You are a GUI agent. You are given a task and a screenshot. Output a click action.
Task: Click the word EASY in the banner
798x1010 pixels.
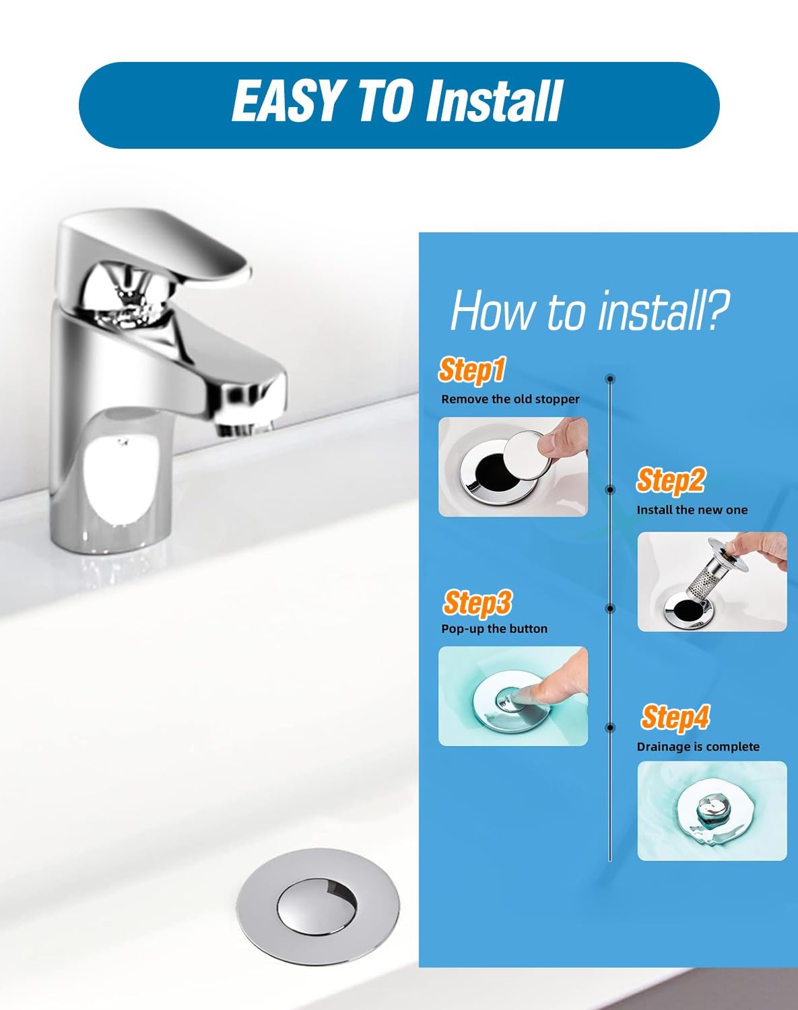[286, 100]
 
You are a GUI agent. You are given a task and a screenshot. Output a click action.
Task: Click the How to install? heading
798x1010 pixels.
[590, 310]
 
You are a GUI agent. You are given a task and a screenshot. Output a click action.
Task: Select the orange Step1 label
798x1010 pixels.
[471, 371]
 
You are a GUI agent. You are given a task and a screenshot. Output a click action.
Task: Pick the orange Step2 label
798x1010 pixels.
[671, 481]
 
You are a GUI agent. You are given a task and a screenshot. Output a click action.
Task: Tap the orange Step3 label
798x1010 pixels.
[477, 603]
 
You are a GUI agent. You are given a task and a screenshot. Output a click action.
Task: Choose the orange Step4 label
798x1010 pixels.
[675, 718]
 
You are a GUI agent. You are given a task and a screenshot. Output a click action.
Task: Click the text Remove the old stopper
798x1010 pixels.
[510, 399]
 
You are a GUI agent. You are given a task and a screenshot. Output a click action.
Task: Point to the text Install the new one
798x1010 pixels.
[692, 510]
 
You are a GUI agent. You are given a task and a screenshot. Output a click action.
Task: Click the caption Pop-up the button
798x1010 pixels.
[494, 629]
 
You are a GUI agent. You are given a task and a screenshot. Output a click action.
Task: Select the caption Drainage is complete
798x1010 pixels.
[698, 747]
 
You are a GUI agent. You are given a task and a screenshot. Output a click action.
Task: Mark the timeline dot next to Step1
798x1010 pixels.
[609, 378]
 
